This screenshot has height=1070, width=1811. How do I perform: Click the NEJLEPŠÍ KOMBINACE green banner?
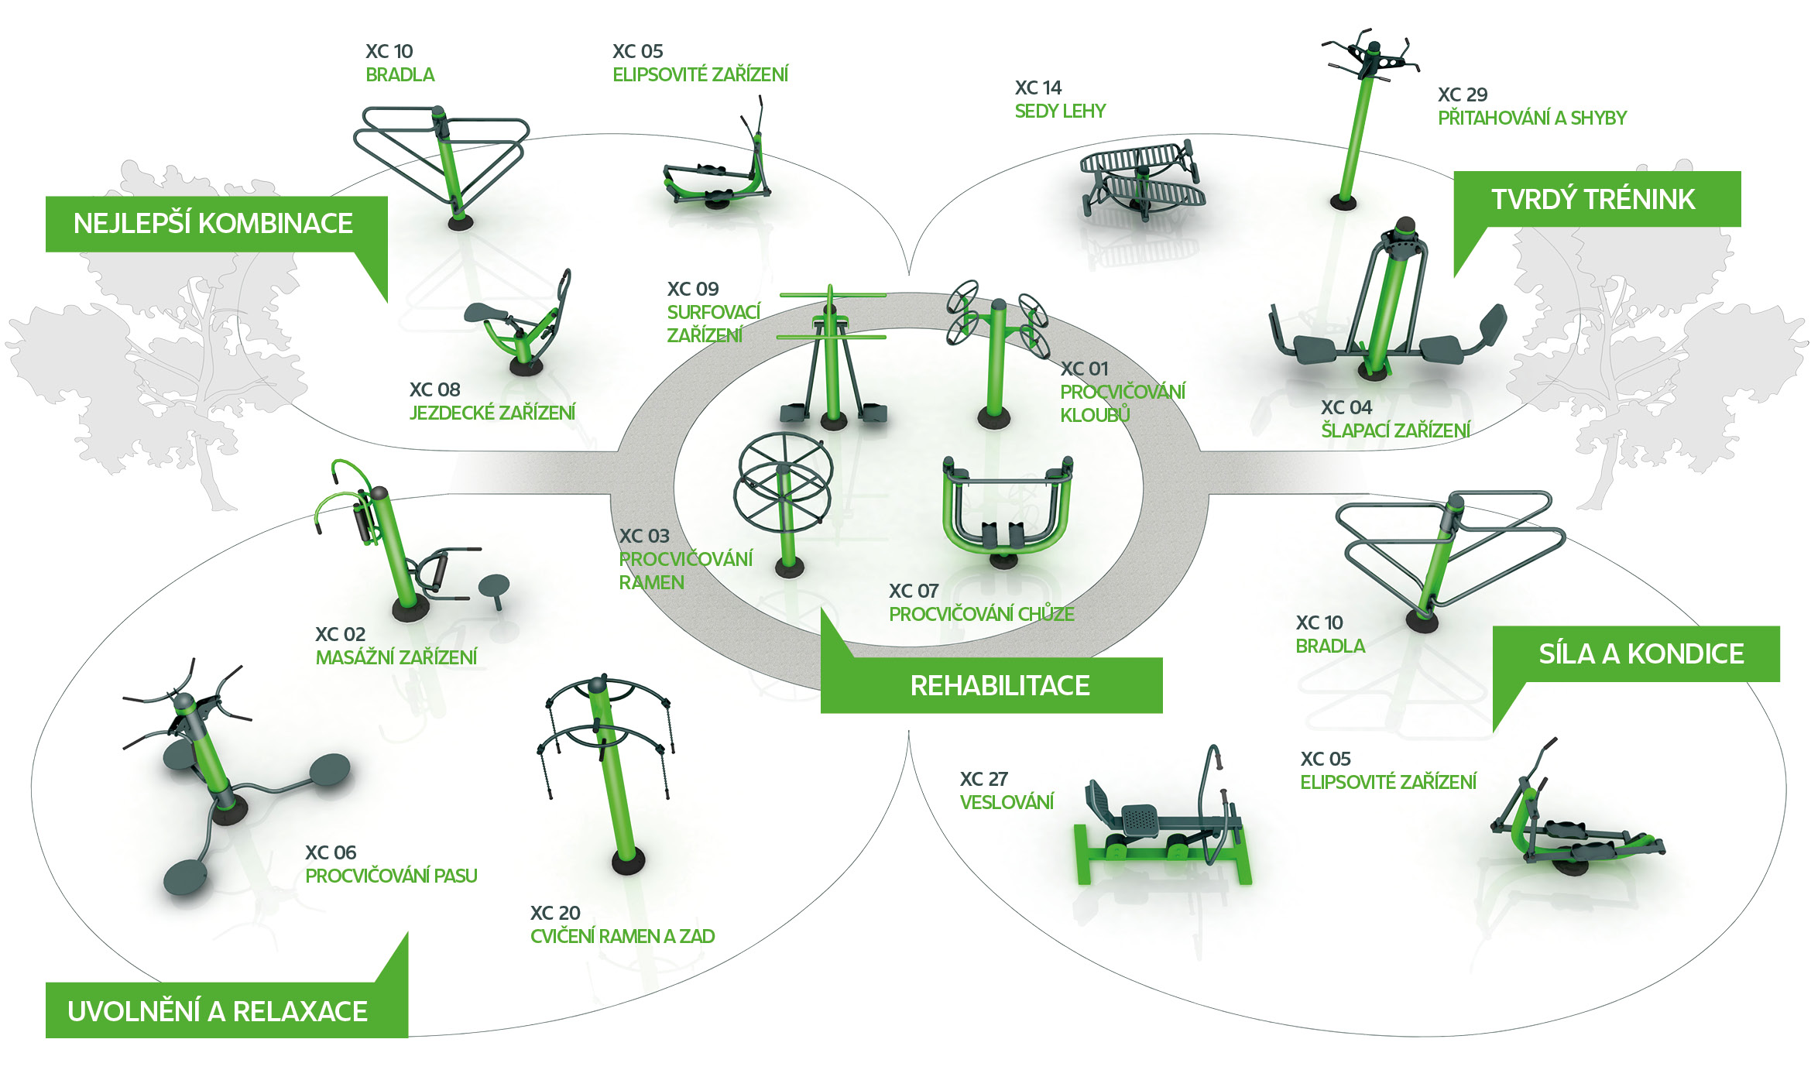(x=213, y=224)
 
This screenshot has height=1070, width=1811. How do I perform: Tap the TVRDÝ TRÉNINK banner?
(x=1593, y=200)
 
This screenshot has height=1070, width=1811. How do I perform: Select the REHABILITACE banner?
(x=999, y=685)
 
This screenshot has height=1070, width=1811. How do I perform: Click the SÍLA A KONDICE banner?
(x=1641, y=654)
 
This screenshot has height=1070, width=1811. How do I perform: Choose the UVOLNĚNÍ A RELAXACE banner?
(x=218, y=1011)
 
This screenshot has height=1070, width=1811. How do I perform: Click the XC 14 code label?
(x=1038, y=88)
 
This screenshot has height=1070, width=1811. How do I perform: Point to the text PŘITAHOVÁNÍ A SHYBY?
(x=1531, y=118)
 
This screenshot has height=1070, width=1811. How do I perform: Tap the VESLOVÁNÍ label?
(x=1007, y=802)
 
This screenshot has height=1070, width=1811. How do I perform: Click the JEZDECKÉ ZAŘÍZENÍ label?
(x=492, y=413)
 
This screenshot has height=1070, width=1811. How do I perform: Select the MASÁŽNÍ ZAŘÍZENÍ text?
(x=396, y=657)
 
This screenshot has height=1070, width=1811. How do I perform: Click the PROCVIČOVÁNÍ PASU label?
(x=391, y=876)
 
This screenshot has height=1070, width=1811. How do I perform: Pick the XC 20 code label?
(x=555, y=913)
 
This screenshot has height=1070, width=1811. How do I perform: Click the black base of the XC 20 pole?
(x=628, y=861)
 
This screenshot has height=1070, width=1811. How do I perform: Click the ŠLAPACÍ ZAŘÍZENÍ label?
(x=1395, y=430)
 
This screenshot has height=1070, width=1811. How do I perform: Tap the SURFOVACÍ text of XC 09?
(x=713, y=312)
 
